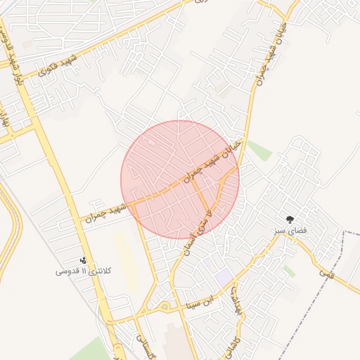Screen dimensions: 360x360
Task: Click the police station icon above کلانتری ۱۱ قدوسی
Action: point(83,260)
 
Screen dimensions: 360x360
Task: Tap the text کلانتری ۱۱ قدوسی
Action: point(82,271)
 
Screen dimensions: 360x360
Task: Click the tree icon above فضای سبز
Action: point(289,219)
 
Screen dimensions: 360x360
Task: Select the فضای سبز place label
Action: point(289,230)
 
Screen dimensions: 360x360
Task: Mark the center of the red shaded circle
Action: point(180,179)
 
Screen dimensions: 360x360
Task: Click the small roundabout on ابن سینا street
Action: point(164,307)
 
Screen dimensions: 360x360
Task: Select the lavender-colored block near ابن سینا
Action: point(224,276)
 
